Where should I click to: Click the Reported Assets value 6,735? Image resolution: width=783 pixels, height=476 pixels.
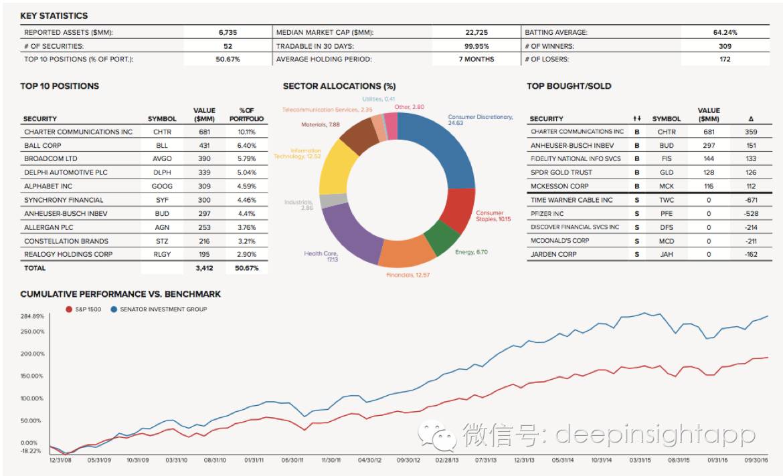click(x=228, y=32)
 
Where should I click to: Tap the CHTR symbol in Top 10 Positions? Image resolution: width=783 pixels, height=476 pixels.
click(x=162, y=132)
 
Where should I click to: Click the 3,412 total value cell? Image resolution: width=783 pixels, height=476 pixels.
click(x=204, y=268)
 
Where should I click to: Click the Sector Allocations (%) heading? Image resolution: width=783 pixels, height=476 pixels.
click(x=339, y=86)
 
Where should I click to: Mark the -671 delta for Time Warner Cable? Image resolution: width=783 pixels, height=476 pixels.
click(x=750, y=200)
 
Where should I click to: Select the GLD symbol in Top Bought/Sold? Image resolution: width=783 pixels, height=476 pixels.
click(x=666, y=172)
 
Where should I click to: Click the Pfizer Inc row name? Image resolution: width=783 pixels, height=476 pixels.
click(x=547, y=213)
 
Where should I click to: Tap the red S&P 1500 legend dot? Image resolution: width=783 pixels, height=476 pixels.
click(x=69, y=310)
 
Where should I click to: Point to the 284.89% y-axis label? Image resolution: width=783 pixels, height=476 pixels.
click(x=32, y=316)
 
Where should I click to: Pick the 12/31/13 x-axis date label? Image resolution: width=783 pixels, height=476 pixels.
click(x=525, y=460)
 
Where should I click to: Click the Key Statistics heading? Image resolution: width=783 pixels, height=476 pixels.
click(x=54, y=15)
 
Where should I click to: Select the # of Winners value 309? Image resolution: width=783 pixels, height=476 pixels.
click(x=725, y=46)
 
